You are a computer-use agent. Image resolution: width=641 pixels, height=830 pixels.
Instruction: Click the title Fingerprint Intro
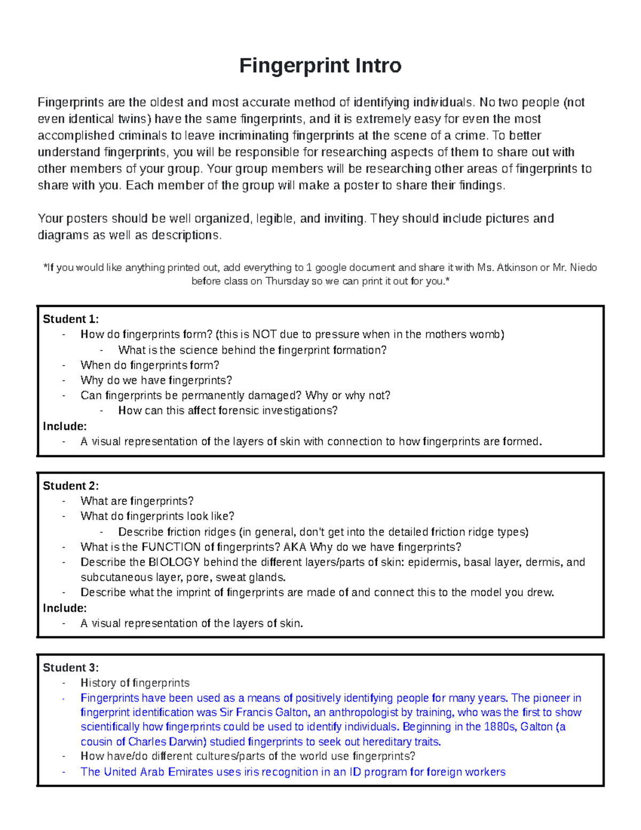320,66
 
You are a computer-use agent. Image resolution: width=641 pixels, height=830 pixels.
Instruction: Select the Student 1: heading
71,319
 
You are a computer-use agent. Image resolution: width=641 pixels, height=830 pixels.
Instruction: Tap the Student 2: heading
71,486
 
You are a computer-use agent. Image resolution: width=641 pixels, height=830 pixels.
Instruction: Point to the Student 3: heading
71,668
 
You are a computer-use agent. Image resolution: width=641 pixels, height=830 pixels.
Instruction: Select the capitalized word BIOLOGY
174,562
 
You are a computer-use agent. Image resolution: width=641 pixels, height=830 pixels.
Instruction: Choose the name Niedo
583,268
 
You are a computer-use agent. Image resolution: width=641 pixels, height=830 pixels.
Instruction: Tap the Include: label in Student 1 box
65,426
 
